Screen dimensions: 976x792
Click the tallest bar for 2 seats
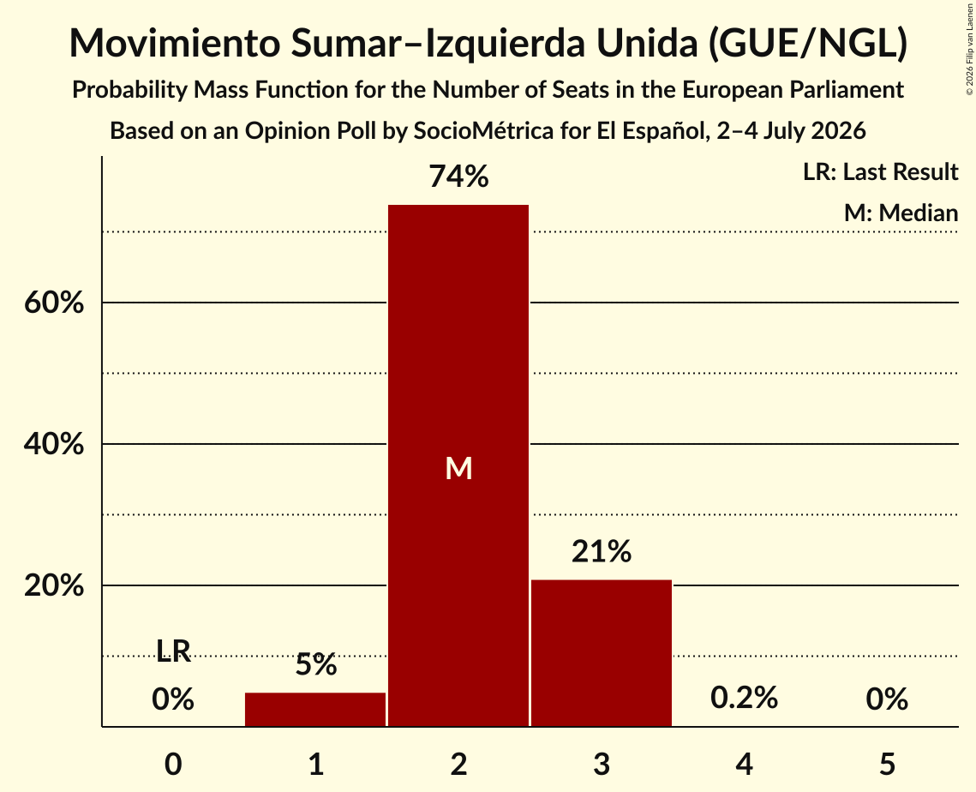point(458,465)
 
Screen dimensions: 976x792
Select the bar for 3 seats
point(602,653)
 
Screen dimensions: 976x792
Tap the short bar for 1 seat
point(315,709)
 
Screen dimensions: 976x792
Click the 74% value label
point(458,177)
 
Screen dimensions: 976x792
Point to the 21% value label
point(602,552)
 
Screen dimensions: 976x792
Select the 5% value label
point(315,664)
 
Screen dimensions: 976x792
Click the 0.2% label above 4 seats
point(744,698)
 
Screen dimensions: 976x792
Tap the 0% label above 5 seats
point(887,699)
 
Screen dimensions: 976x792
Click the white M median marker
point(458,468)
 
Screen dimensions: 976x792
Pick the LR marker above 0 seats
point(173,651)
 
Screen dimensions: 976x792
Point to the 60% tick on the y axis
point(54,303)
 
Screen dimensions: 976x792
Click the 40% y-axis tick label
point(54,445)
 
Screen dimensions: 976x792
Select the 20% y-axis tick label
point(54,586)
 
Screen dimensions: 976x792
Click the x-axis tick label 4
point(744,764)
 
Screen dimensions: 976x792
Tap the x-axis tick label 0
point(173,764)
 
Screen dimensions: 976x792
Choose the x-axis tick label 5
point(887,764)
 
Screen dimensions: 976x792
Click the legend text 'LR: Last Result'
point(880,171)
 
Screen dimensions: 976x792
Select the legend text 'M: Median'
point(901,213)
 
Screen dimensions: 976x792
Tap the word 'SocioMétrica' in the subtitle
point(483,131)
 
